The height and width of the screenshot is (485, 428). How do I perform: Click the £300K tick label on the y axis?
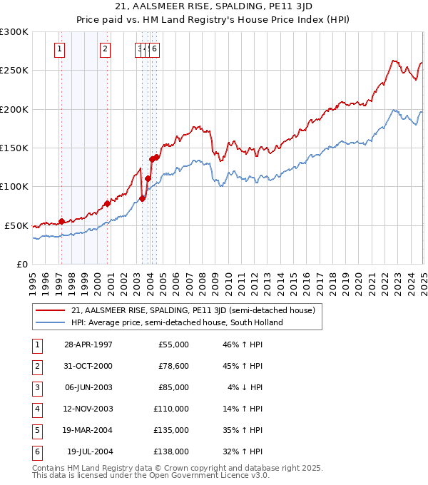coord(14,32)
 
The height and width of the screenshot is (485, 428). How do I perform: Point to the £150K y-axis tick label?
coord(14,148)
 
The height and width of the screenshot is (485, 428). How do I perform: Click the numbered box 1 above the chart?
coord(58,49)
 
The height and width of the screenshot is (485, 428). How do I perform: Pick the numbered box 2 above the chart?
coord(105,49)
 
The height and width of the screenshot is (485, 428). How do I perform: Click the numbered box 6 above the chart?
coord(154,49)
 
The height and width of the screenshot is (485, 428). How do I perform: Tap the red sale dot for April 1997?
coord(61,221)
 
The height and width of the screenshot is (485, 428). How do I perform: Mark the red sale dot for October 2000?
coord(108,203)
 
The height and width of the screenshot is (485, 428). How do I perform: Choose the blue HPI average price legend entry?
coord(177,322)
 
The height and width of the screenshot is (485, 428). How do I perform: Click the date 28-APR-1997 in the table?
coord(88,344)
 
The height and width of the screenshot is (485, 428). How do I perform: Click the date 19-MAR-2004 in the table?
coord(88,430)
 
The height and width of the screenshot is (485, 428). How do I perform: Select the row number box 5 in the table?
coord(36,430)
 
